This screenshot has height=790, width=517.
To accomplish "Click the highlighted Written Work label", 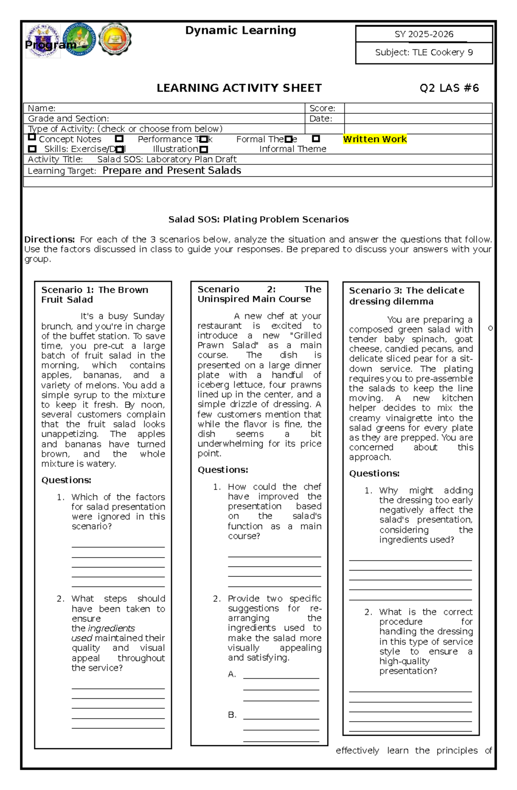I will coord(375,139).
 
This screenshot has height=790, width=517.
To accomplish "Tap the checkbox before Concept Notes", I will coord(31,137).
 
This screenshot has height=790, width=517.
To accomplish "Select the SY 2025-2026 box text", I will coord(424,34).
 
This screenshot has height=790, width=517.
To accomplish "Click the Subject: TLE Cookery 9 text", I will coord(424,53).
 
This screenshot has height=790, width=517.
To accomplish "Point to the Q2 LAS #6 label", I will coord(449,88).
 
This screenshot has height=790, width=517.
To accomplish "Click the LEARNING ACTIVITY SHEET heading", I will coord(239,88).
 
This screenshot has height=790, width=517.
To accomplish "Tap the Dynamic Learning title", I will coord(240,31).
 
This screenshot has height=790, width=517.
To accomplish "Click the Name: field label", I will coord(42,108).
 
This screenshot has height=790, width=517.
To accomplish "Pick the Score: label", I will coord(322,108).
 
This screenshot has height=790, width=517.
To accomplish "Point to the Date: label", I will coord(321,119).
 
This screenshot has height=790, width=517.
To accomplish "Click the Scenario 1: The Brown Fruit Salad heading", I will coord(94,295).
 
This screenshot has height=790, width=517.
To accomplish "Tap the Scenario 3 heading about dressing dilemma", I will coord(406,296).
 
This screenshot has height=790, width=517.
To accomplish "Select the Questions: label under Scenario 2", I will coord(223,470).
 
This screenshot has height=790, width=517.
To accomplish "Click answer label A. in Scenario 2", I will coord(232,674).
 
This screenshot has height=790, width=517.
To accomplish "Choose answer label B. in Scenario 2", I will coord(232,715).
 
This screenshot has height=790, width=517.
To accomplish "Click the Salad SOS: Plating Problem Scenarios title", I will coord(258,220).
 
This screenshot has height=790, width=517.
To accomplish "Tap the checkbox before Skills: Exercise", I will coord(32,149).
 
